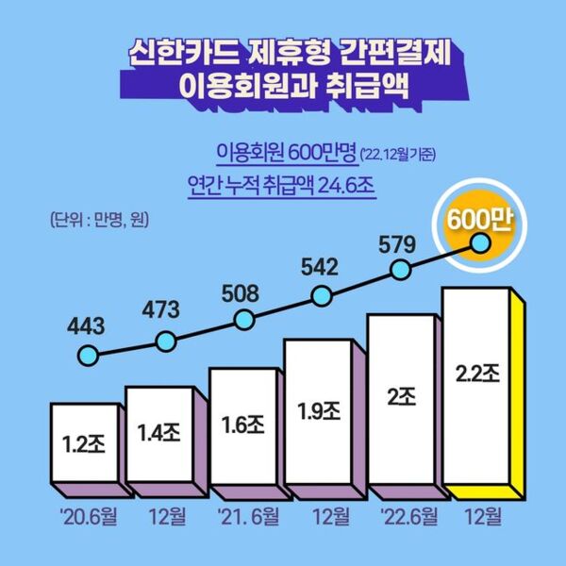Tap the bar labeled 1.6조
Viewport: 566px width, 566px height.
point(244,425)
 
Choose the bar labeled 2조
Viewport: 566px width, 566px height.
point(400,399)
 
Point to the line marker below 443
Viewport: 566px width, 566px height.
point(88,358)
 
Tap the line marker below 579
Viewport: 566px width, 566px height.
point(400,270)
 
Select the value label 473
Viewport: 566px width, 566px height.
point(163,309)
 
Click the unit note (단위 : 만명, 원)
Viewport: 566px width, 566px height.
point(100,221)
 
